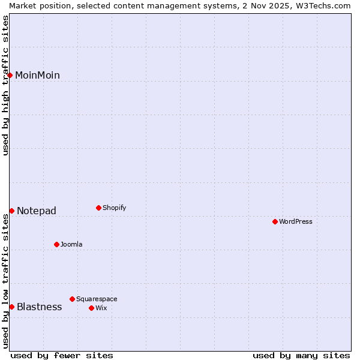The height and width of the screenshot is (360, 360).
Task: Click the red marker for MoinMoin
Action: [x=10, y=75]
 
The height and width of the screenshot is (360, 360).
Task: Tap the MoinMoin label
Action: [x=37, y=76]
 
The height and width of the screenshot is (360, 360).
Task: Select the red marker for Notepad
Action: [x=11, y=211]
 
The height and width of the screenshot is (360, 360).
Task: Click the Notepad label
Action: [x=37, y=211]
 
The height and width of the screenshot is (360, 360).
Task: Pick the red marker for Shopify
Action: [x=98, y=208]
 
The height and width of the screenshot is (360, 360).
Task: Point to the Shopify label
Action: [x=115, y=208]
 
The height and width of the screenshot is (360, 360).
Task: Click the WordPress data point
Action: [x=275, y=221]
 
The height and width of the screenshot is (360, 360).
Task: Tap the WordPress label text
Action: [x=296, y=222]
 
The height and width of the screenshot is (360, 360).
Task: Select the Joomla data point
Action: [x=56, y=244]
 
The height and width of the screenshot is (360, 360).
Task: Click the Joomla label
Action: [x=71, y=245]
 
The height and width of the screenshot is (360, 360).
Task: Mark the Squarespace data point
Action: [x=72, y=299]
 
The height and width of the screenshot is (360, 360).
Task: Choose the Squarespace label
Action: [x=97, y=299]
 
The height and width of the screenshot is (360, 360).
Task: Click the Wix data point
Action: [x=91, y=308]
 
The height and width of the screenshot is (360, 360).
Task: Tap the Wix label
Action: [x=101, y=308]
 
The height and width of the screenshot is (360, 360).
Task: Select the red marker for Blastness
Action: [x=11, y=307]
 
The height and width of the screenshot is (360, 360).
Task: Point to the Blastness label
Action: [x=40, y=307]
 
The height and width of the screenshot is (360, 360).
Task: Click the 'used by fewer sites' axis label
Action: [x=62, y=356]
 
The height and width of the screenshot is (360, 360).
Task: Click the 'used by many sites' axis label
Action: [x=301, y=356]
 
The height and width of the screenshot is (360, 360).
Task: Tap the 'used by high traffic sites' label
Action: [x=5, y=85]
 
